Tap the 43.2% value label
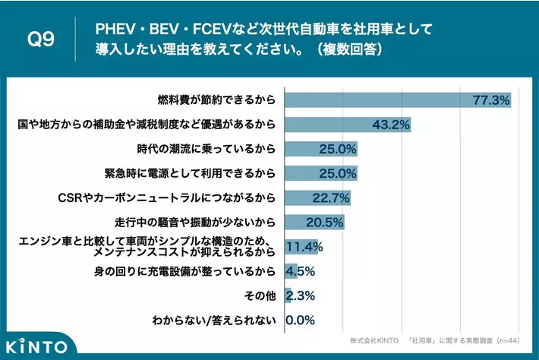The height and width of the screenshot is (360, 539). click(391, 125)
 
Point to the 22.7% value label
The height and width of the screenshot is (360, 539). click(331, 198)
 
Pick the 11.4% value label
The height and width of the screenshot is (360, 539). click(305, 247)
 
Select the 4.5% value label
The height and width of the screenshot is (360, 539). click(301, 271)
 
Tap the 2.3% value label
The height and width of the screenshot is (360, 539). click(301, 295)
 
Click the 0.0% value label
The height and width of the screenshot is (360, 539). click(300, 320)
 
